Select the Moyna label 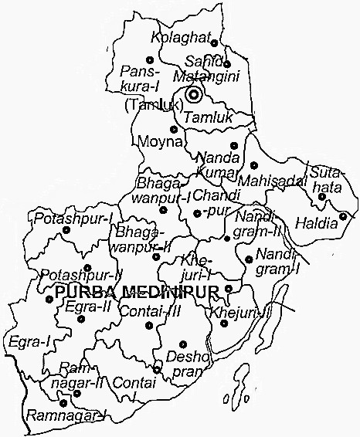(159, 143)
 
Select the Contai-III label (141, 312)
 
